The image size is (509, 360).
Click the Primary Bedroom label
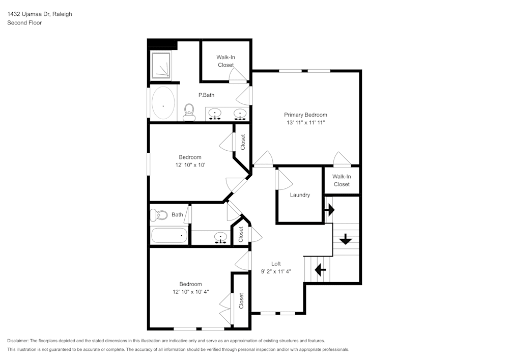pos(305,115)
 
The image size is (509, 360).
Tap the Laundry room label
pos(300,195)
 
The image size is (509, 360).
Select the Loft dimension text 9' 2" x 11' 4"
pos(276,272)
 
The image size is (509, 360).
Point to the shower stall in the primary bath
pos(161,65)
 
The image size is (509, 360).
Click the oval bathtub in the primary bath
pos(163,102)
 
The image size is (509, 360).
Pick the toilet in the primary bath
pos(189,112)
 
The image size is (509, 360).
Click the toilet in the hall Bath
pos(159,215)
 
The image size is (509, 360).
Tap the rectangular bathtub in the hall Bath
pos(169,235)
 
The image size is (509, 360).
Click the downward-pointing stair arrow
pos(346,239)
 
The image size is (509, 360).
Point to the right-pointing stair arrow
pos(329,210)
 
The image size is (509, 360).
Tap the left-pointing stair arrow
pos(320,269)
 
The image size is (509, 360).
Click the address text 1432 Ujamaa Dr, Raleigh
pos(40,14)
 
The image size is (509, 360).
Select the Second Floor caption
pos(24,23)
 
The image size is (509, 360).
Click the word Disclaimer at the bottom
pos(17,341)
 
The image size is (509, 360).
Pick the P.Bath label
pos(207,95)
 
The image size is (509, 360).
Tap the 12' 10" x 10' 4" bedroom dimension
pos(190,292)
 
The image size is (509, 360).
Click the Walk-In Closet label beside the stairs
pos(342,180)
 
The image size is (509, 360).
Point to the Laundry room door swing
pos(285,180)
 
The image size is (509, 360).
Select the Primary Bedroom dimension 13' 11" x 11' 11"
pos(306,123)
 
